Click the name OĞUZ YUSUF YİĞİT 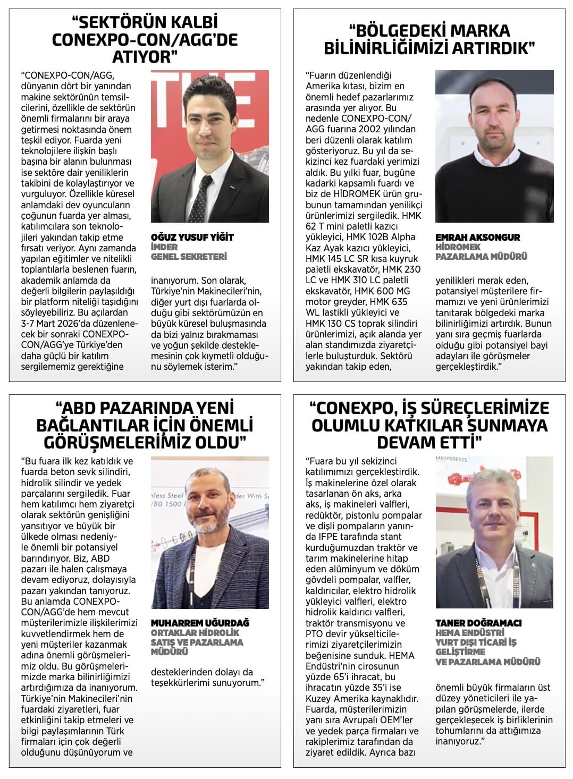(192, 237)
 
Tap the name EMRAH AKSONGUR (477, 237)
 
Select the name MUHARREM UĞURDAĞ (200, 623)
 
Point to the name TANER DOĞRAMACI (478, 623)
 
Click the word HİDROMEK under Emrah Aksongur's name (458, 247)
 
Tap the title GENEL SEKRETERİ (189, 257)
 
